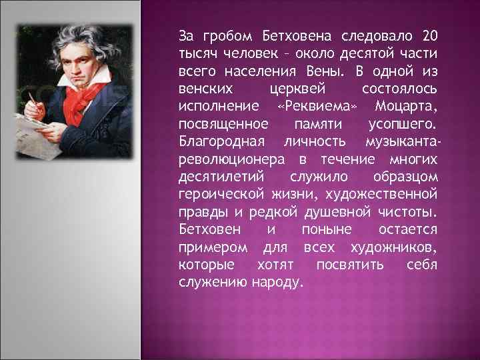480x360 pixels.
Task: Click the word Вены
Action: [x=333, y=70]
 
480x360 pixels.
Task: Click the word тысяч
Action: [x=198, y=52]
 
